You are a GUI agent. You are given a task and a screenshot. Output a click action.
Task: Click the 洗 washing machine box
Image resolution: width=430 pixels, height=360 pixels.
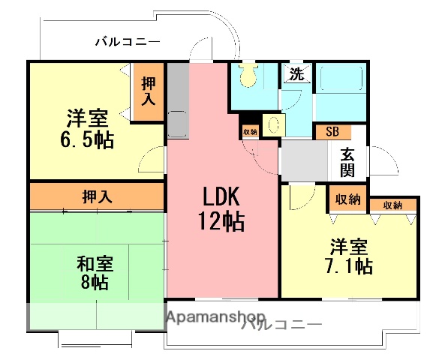click(296, 74)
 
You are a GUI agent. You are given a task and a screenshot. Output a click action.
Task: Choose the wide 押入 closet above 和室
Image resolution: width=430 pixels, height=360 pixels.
click(98, 197)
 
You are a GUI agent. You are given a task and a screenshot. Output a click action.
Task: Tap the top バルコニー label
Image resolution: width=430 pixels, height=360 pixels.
click(127, 42)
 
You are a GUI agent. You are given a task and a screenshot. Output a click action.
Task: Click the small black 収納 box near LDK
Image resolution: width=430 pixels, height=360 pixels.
click(250, 131)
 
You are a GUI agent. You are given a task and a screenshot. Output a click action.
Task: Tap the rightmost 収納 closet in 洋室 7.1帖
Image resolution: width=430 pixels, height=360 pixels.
click(392, 205)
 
